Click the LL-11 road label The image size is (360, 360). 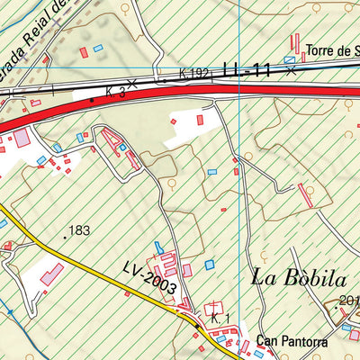(247, 68)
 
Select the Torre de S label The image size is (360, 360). (332, 51)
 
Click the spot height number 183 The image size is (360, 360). (79, 231)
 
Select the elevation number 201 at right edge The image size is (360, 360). (349, 301)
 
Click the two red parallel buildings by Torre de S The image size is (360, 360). (294, 43)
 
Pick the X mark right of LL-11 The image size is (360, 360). (291, 70)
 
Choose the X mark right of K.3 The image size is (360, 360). (132, 83)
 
